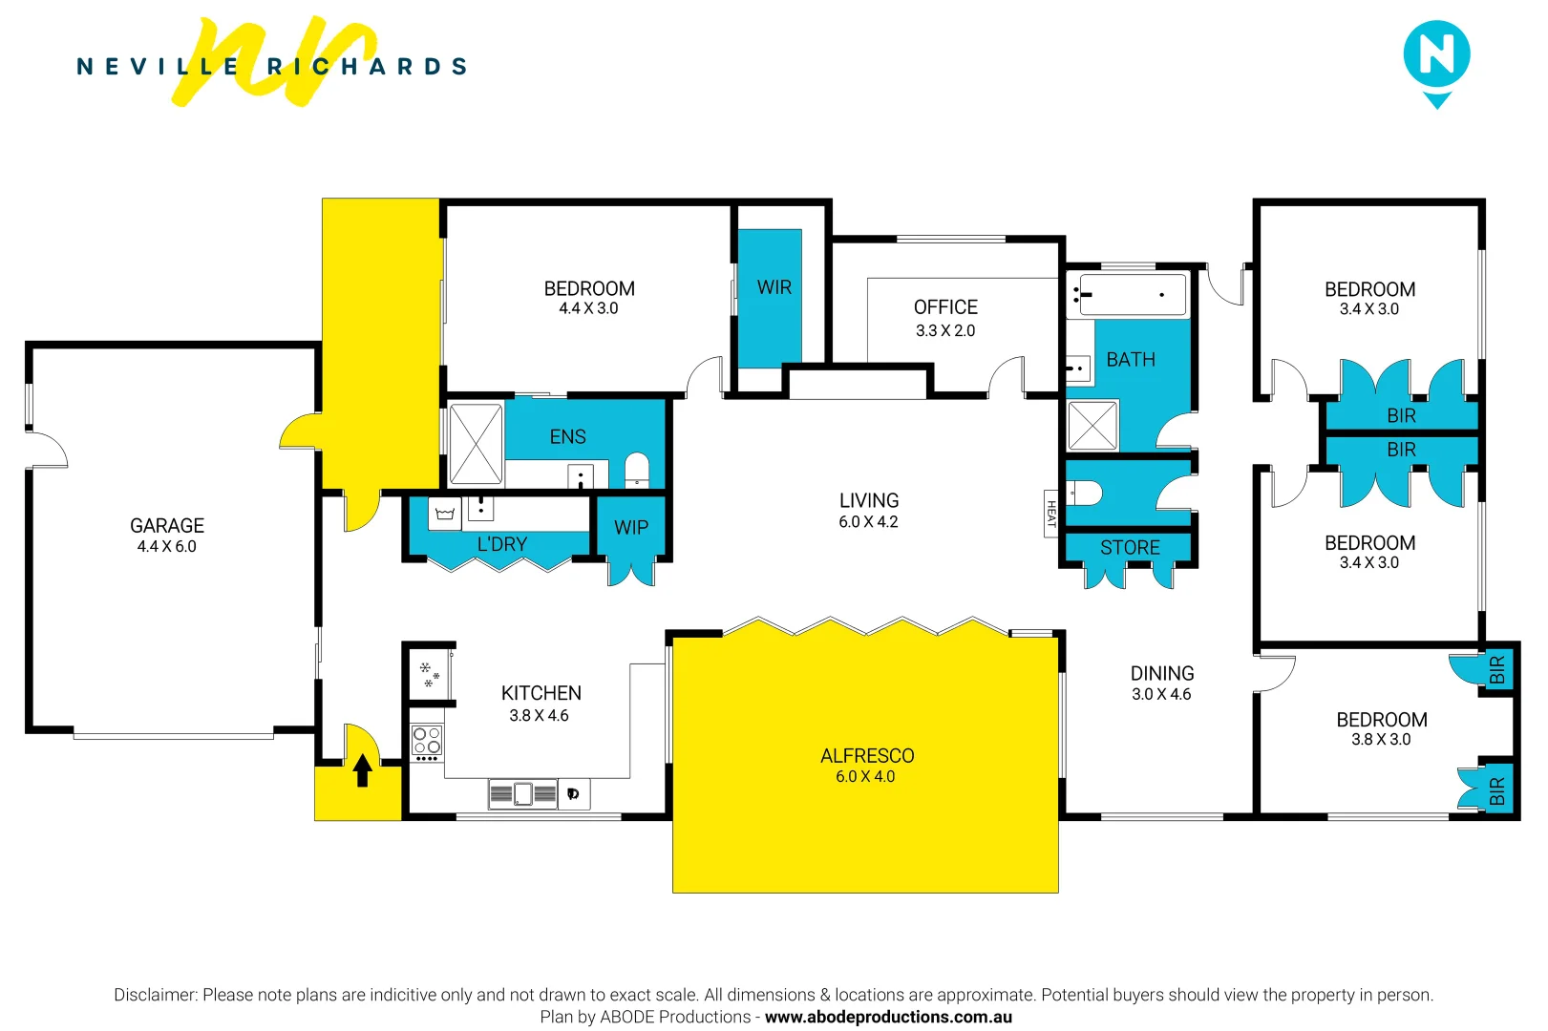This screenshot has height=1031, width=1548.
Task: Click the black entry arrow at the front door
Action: [x=363, y=770]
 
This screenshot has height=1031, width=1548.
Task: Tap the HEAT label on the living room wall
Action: [x=1051, y=514]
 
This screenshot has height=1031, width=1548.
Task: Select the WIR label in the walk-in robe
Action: [x=774, y=287]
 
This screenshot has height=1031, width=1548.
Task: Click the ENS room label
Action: [x=567, y=436]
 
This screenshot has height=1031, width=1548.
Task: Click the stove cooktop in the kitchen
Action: [x=427, y=740]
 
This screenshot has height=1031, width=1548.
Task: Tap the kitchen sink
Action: [x=523, y=794]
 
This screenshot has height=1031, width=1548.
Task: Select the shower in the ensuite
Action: [x=477, y=444]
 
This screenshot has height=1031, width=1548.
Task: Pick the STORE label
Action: [x=1130, y=548]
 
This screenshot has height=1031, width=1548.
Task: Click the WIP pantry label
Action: [x=631, y=528]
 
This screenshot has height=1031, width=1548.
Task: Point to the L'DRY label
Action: [x=502, y=544]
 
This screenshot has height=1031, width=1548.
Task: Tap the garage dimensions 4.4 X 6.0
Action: [x=166, y=547]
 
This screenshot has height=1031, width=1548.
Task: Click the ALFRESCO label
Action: [x=867, y=756]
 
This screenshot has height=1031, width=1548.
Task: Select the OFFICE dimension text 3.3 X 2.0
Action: [x=945, y=331]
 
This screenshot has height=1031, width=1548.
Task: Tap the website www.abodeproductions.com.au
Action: [x=889, y=1018]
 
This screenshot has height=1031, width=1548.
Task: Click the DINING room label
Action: [x=1162, y=674]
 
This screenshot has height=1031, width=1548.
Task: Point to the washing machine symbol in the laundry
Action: [x=444, y=515]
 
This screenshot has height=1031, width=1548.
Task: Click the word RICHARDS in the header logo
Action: [x=367, y=66]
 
